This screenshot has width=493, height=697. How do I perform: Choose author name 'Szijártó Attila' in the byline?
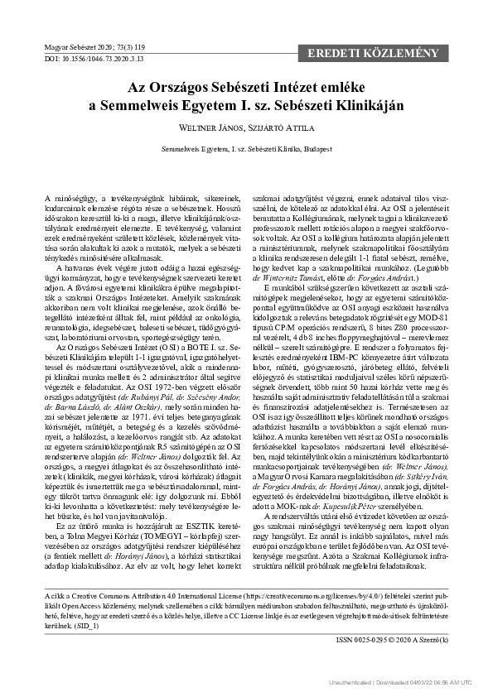pos(278,129)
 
